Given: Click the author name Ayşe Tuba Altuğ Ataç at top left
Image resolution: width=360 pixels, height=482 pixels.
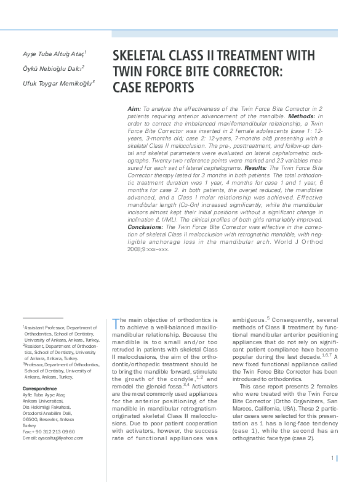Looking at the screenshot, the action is point(54,54).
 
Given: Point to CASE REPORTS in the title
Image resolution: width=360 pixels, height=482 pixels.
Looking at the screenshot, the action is point(153,87).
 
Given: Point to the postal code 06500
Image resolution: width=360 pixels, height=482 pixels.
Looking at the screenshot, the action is point(30,419).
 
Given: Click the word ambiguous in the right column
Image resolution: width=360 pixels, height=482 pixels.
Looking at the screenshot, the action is point(249,320).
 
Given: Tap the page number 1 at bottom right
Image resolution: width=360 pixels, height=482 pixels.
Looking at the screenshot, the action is point(332,457).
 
